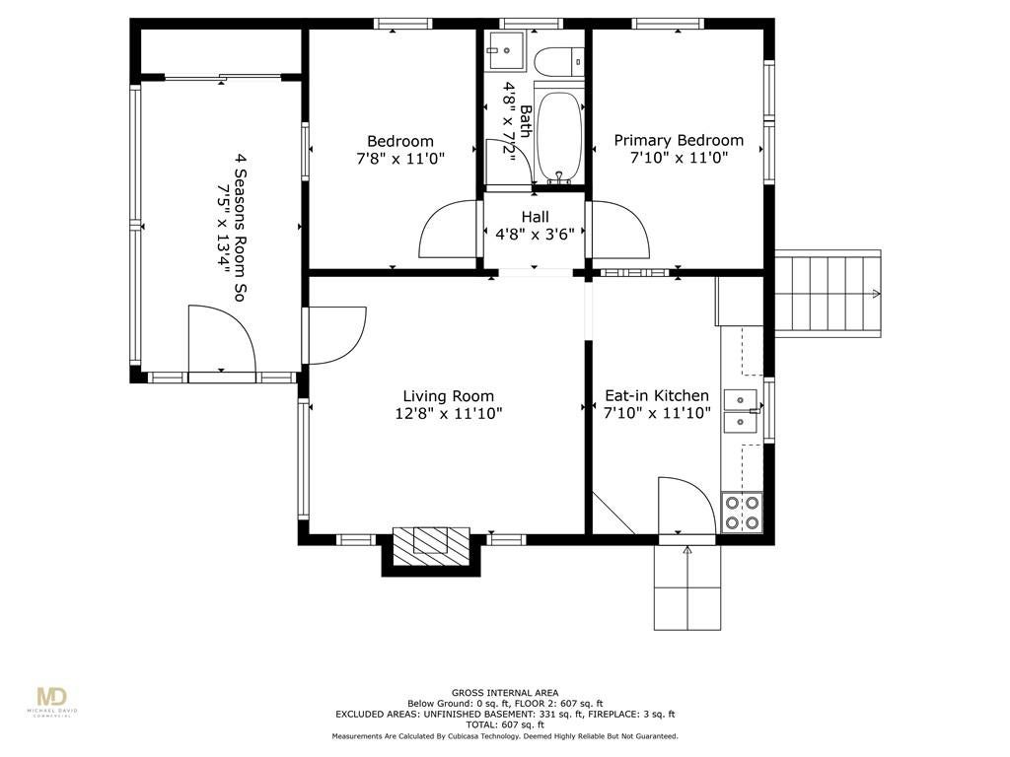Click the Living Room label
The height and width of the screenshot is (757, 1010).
click(449, 396)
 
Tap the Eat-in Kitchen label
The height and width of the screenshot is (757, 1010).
click(656, 395)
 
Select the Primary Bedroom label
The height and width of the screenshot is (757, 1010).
click(679, 140)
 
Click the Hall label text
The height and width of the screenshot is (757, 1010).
click(536, 217)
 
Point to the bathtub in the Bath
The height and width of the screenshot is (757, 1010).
click(559, 136)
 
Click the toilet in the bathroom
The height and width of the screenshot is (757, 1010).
click(558, 62)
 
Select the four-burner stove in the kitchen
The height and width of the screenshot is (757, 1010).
click(742, 513)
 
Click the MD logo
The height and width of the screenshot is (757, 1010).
click(52, 699)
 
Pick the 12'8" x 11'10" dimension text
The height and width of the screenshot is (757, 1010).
click(449, 413)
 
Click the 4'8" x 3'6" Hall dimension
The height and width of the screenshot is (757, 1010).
click(535, 234)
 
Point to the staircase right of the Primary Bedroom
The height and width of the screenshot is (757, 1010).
click(828, 294)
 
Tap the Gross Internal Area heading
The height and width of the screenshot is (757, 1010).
click(505, 693)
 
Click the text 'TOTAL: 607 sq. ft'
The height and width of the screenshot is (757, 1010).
click(505, 724)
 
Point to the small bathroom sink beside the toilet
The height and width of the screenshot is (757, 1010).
click(506, 50)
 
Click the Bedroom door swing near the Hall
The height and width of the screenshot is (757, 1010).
click(449, 229)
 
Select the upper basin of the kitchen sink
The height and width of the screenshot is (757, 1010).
click(741, 399)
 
